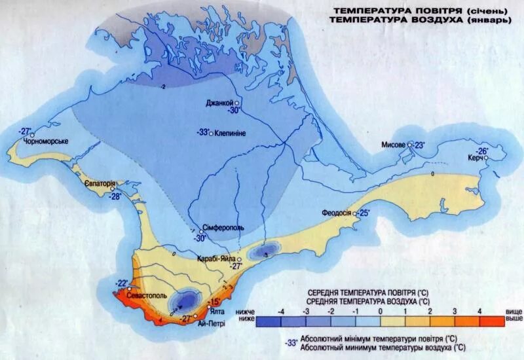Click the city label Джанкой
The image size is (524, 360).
pyautogui.click(x=219, y=103)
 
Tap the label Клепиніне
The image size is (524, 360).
pyautogui.click(x=230, y=133)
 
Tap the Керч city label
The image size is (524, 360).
pyautogui.click(x=476, y=159)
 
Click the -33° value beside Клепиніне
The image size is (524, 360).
pyautogui.click(x=202, y=132)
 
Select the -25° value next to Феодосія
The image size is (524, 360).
pyautogui.click(x=363, y=213)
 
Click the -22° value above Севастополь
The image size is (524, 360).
pyautogui.click(x=122, y=283)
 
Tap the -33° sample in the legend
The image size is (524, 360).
pyautogui.click(x=291, y=342)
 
